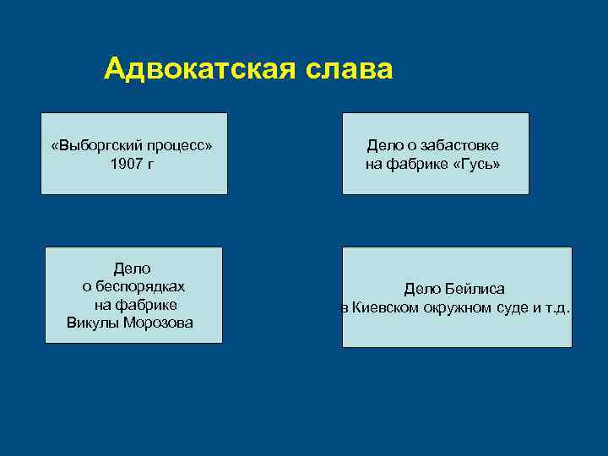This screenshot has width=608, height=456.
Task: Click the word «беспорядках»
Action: pyautogui.click(x=134, y=286)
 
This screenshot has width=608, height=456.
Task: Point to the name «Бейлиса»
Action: pyautogui.click(x=475, y=290)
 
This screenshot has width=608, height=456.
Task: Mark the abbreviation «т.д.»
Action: pyautogui.click(x=557, y=307)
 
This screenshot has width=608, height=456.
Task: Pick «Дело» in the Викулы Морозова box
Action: pyautogui.click(x=132, y=269)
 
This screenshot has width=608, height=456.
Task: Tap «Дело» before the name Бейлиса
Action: pyautogui.click(x=423, y=290)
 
